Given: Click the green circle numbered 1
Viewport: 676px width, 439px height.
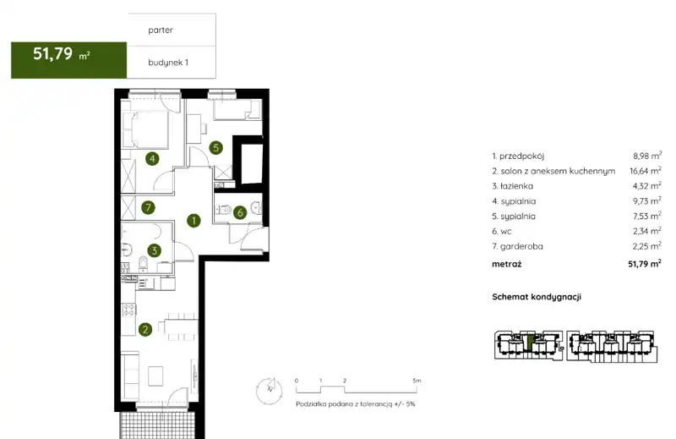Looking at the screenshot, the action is point(194,221).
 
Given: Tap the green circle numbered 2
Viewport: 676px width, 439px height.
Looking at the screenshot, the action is point(145,330).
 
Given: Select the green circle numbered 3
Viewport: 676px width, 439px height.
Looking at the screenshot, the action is point(154,250).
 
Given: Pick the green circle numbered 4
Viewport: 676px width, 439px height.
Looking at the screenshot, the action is point(152,159).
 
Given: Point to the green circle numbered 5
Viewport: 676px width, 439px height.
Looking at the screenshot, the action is point(216,148).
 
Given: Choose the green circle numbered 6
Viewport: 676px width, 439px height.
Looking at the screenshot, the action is point(240,212).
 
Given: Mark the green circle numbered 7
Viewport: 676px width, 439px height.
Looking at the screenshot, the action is point(149,207).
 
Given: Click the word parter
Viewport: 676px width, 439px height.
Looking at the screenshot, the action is point(161,30).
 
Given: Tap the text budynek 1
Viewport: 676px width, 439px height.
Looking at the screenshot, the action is point(168,63).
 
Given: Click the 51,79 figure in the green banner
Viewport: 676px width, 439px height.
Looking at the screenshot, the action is point(52,53).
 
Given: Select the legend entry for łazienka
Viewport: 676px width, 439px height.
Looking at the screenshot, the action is point(513,186).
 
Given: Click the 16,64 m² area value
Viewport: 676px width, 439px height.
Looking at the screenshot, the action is point(646,171).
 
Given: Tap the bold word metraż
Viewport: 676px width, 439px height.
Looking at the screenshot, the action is point(506,264).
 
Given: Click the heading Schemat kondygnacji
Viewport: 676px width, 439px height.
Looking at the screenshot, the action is point(537,297).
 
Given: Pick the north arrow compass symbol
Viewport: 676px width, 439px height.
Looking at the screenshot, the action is point(269,391).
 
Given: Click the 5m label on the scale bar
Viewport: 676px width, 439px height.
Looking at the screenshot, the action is point(417,381).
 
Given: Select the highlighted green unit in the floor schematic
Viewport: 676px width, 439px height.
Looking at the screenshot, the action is point(530,343).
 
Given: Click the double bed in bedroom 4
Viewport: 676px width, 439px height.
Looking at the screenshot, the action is point(144,129).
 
